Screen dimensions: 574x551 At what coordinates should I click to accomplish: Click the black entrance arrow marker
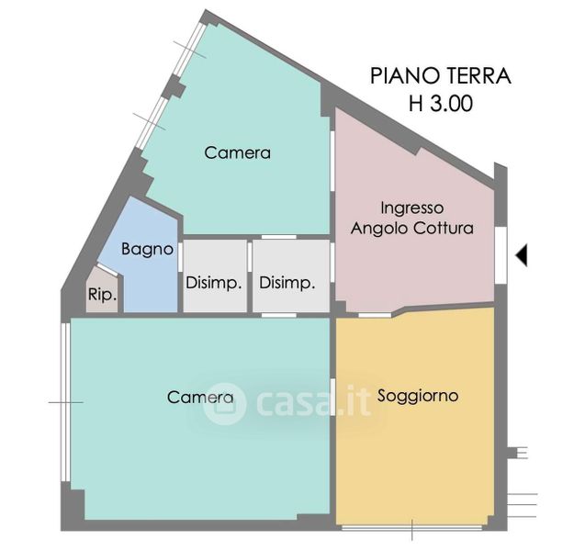(522, 254)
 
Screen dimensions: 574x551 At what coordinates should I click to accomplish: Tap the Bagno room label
(148, 250)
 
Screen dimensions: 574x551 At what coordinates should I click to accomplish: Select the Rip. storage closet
(103, 290)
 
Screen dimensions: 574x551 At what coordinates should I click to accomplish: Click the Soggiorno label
(418, 396)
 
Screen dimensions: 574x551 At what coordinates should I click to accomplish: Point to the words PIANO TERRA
(441, 76)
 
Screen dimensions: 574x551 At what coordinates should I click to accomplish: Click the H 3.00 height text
(441, 103)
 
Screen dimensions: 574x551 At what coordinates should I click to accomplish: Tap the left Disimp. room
(215, 276)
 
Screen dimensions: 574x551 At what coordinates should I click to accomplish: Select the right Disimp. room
(291, 276)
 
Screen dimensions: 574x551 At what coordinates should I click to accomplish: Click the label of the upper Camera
(238, 152)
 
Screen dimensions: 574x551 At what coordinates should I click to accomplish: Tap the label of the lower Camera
(200, 398)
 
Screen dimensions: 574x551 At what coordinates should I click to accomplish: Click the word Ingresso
(412, 208)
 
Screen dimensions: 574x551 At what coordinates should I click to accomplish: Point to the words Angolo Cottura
(412, 229)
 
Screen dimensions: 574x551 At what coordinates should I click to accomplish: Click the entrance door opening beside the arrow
(501, 254)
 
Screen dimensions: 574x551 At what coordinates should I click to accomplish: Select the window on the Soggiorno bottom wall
(411, 528)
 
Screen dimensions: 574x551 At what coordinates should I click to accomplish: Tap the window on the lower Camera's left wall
(65, 402)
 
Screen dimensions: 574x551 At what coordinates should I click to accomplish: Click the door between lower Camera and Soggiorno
(332, 398)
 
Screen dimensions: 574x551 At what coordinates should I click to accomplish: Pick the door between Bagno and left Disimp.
(180, 257)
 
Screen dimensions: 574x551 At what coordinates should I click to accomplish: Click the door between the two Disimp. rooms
(250, 257)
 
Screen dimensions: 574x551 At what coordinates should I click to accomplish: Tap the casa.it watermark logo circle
(224, 403)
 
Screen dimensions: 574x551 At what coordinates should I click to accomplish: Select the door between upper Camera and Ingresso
(332, 161)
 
